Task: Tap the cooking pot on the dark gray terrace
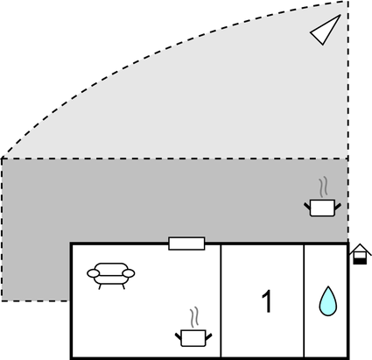(322, 208)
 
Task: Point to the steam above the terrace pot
(323, 187)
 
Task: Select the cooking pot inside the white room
(193, 338)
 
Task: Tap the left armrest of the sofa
(94, 273)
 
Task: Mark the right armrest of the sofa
(129, 273)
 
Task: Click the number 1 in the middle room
(267, 301)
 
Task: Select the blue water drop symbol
(328, 301)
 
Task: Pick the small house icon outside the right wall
(361, 254)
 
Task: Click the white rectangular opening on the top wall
(186, 244)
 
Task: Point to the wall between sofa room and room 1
(221, 300)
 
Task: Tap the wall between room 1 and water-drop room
(304, 300)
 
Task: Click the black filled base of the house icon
(360, 261)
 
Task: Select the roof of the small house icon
(361, 250)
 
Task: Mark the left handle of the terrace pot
(307, 206)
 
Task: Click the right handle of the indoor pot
(209, 336)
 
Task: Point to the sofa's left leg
(100, 286)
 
